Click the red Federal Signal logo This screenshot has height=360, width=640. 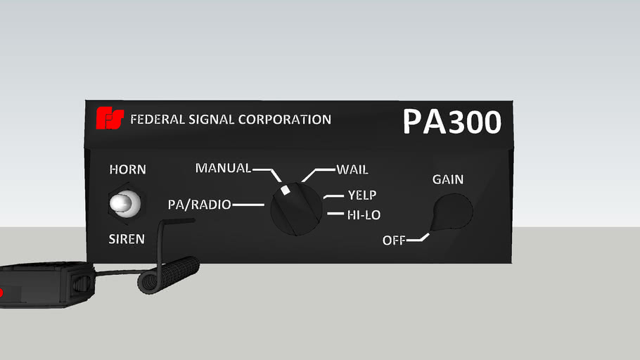(110, 119)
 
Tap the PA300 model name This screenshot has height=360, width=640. (452, 122)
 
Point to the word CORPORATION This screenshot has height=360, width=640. (285, 120)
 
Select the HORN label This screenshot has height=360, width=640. (127, 169)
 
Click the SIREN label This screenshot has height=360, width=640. (127, 239)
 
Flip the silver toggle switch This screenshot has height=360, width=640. (124, 203)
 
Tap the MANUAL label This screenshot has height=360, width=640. (223, 168)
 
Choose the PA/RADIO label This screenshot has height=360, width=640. (199, 205)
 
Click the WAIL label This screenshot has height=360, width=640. (352, 169)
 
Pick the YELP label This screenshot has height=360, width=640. (362, 195)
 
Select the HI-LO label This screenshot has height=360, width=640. (364, 214)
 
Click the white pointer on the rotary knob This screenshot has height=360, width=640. (285, 191)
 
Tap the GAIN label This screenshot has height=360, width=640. (448, 179)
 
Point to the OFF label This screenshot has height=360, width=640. (394, 240)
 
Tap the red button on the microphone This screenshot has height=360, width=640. (1, 292)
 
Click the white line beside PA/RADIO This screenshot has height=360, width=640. (248, 205)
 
